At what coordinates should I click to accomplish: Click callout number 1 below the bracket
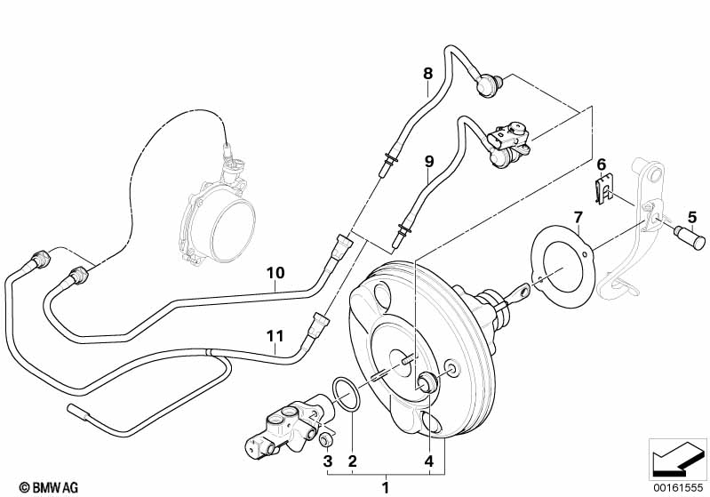(x=385, y=487)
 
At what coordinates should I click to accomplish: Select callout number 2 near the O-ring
(x=353, y=461)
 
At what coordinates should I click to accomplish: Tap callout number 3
(x=327, y=461)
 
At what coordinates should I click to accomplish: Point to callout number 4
(x=429, y=461)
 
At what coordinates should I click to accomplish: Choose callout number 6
(x=602, y=164)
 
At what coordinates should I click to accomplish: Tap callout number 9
(x=428, y=161)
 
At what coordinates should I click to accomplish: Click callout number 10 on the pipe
(x=275, y=272)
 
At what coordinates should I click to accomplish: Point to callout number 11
(x=275, y=335)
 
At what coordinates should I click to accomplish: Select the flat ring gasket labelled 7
(x=559, y=265)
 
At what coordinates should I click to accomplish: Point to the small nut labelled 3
(x=325, y=439)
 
